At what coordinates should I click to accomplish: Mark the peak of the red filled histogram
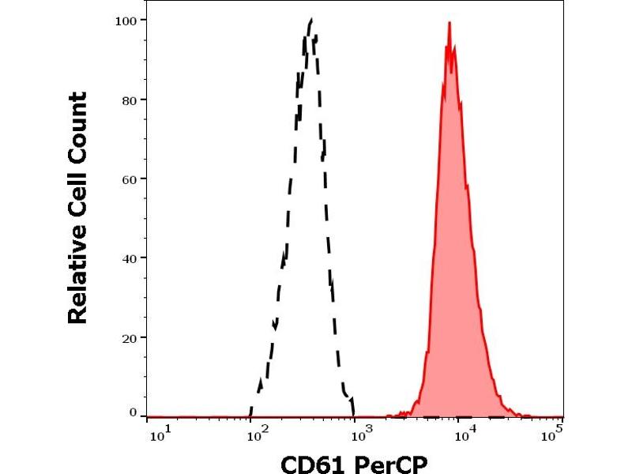click(x=450, y=23)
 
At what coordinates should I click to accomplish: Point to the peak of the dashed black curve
click(x=310, y=20)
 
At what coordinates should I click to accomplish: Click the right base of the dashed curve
click(x=354, y=415)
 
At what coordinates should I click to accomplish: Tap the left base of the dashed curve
click(x=250, y=415)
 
